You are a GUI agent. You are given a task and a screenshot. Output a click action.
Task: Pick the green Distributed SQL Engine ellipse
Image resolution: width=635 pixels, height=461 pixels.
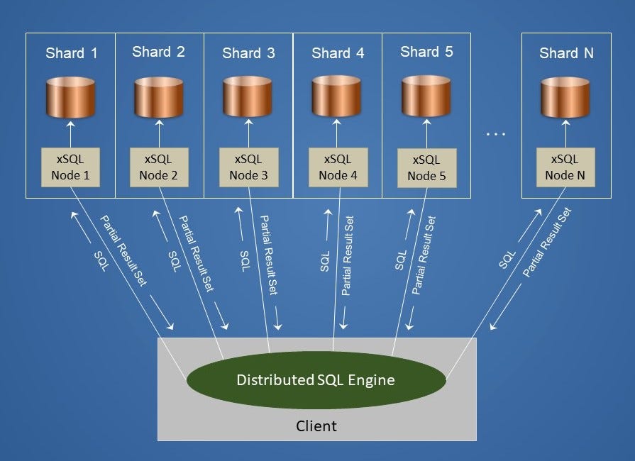[x=316, y=380]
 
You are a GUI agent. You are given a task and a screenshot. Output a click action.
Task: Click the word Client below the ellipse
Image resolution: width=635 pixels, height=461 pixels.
[x=316, y=426]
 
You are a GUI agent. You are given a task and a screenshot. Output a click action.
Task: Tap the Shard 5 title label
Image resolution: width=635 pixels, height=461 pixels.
[x=426, y=52]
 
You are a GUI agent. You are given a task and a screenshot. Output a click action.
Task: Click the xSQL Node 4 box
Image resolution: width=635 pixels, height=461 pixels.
[x=338, y=167]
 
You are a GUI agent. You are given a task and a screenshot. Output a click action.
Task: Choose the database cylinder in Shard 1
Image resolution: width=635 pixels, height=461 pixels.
[x=70, y=97]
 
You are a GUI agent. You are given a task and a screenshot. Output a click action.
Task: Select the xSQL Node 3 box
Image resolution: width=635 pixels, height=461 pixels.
[x=248, y=167]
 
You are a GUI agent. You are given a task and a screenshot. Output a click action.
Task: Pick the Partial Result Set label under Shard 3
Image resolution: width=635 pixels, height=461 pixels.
[x=267, y=255]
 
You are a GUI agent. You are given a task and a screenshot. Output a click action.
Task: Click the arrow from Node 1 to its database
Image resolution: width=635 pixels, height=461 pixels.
[x=70, y=134]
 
